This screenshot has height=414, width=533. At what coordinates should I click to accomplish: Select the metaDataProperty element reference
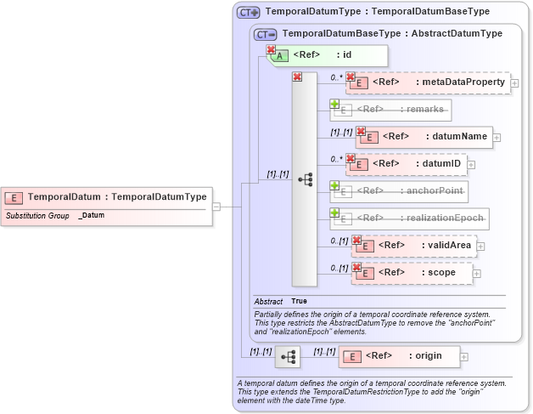[429, 82]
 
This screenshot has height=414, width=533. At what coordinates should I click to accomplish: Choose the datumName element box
[424, 136]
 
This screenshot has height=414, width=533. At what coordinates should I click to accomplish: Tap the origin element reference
[398, 356]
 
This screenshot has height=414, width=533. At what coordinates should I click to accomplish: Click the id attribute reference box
[328, 55]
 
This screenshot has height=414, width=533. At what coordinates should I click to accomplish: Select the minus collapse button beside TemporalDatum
[216, 206]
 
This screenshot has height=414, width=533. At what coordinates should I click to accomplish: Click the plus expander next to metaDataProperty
[514, 83]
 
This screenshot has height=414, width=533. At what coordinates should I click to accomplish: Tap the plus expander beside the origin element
[464, 357]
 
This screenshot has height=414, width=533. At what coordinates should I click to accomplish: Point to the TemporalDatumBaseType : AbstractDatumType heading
[391, 33]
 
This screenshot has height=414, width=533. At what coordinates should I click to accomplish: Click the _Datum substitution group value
[92, 216]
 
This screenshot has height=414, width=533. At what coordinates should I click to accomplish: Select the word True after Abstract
[299, 301]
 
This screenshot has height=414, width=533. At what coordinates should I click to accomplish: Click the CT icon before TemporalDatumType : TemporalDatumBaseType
[248, 12]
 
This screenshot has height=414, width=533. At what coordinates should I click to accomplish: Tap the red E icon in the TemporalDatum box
[14, 197]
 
